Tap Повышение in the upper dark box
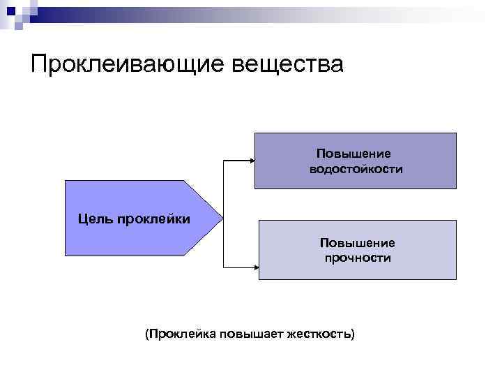pos(353,154)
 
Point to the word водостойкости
pos(356,169)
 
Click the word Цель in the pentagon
pos(95,219)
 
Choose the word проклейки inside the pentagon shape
pos(153,219)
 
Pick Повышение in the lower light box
pos(357,243)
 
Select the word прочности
pos(358,258)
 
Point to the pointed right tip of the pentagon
pos(222,218)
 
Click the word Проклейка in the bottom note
pos(181,334)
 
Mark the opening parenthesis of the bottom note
pos(146,334)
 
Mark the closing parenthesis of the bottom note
pos(352,334)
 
